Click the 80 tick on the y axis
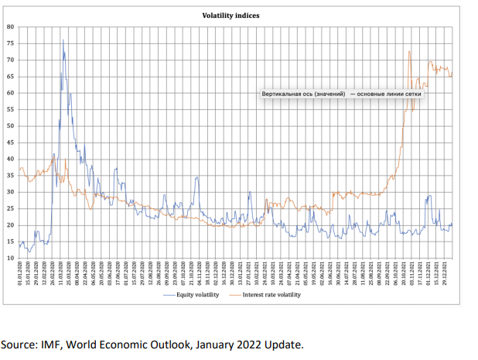11,26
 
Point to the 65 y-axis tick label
11,76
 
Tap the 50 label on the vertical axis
11,125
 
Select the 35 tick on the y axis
11,175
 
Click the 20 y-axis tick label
11,225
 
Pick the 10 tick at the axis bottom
11,258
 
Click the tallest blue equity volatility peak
63,40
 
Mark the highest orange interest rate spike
408,52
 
